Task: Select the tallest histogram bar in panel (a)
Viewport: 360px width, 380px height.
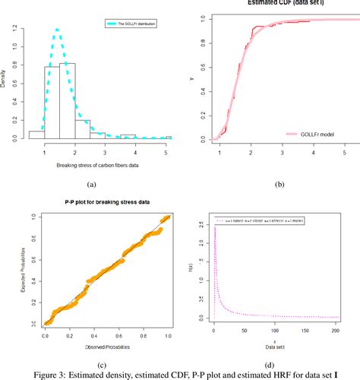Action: [x=67, y=100]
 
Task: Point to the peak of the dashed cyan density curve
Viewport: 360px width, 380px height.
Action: [x=56, y=30]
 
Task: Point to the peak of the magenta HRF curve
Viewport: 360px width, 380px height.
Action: [x=216, y=226]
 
